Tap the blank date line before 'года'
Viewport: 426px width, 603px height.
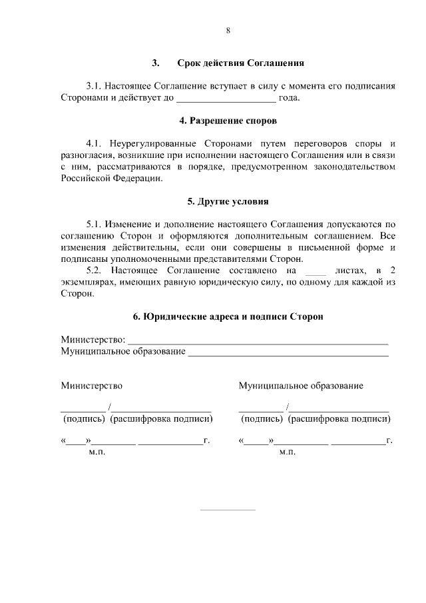point(225,99)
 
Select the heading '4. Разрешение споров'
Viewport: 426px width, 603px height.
point(228,121)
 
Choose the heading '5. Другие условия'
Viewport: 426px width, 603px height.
point(228,201)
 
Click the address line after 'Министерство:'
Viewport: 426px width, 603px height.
point(258,341)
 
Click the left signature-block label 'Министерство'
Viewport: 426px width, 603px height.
point(92,385)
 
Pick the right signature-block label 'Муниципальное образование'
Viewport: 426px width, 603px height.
point(301,385)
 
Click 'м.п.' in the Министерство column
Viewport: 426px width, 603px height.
point(97,452)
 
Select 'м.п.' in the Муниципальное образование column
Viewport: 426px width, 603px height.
point(288,452)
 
